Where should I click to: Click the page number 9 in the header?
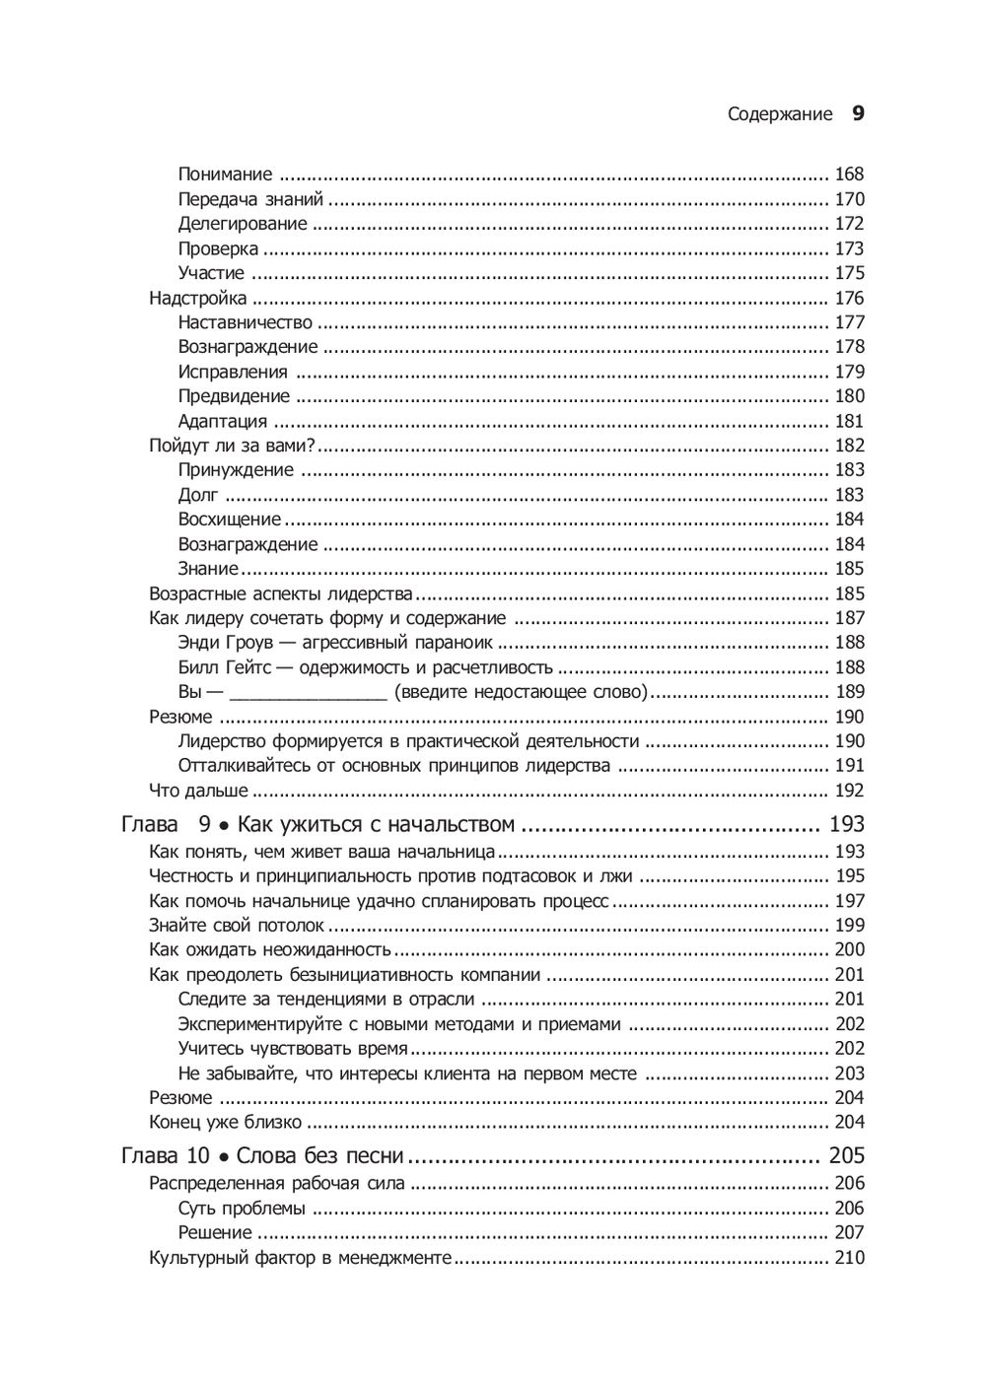point(858,113)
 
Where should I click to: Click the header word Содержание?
point(780,114)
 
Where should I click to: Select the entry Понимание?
point(225,174)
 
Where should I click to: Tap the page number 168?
point(849,174)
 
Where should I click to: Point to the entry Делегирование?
point(243,224)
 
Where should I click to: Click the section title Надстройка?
point(197,298)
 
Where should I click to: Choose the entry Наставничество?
point(246,322)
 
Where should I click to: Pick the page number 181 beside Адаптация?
point(849,421)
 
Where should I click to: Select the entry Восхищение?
point(230,520)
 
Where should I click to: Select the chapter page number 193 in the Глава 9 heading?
point(847,824)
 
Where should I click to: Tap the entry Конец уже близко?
point(225,1122)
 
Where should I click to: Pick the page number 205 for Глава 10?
point(847,1155)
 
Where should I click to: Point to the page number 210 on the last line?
point(849,1258)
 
